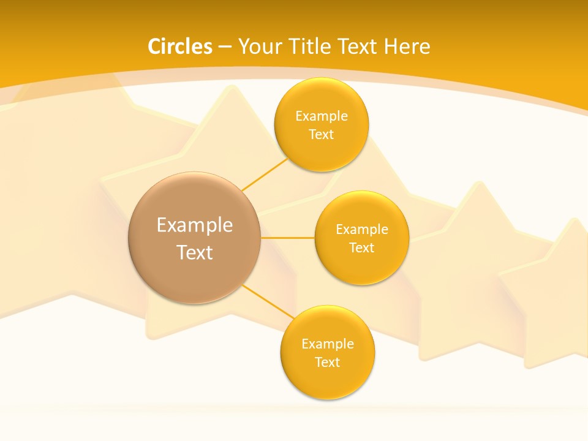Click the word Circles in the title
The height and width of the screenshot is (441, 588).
click(x=179, y=47)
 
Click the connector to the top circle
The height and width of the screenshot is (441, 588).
click(x=265, y=174)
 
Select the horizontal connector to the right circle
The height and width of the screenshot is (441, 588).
click(x=287, y=237)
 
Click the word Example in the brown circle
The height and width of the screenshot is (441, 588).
click(x=195, y=225)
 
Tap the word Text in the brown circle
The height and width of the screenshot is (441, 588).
click(x=195, y=252)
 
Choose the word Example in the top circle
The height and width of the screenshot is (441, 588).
click(x=322, y=116)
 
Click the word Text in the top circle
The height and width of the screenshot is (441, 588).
click(x=322, y=135)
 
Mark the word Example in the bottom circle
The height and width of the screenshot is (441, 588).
click(x=328, y=344)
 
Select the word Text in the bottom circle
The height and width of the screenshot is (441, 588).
click(x=328, y=363)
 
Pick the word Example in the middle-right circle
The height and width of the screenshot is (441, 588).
click(x=362, y=230)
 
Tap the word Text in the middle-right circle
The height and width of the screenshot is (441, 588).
click(x=362, y=248)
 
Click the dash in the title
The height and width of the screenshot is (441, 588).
click(x=225, y=47)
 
